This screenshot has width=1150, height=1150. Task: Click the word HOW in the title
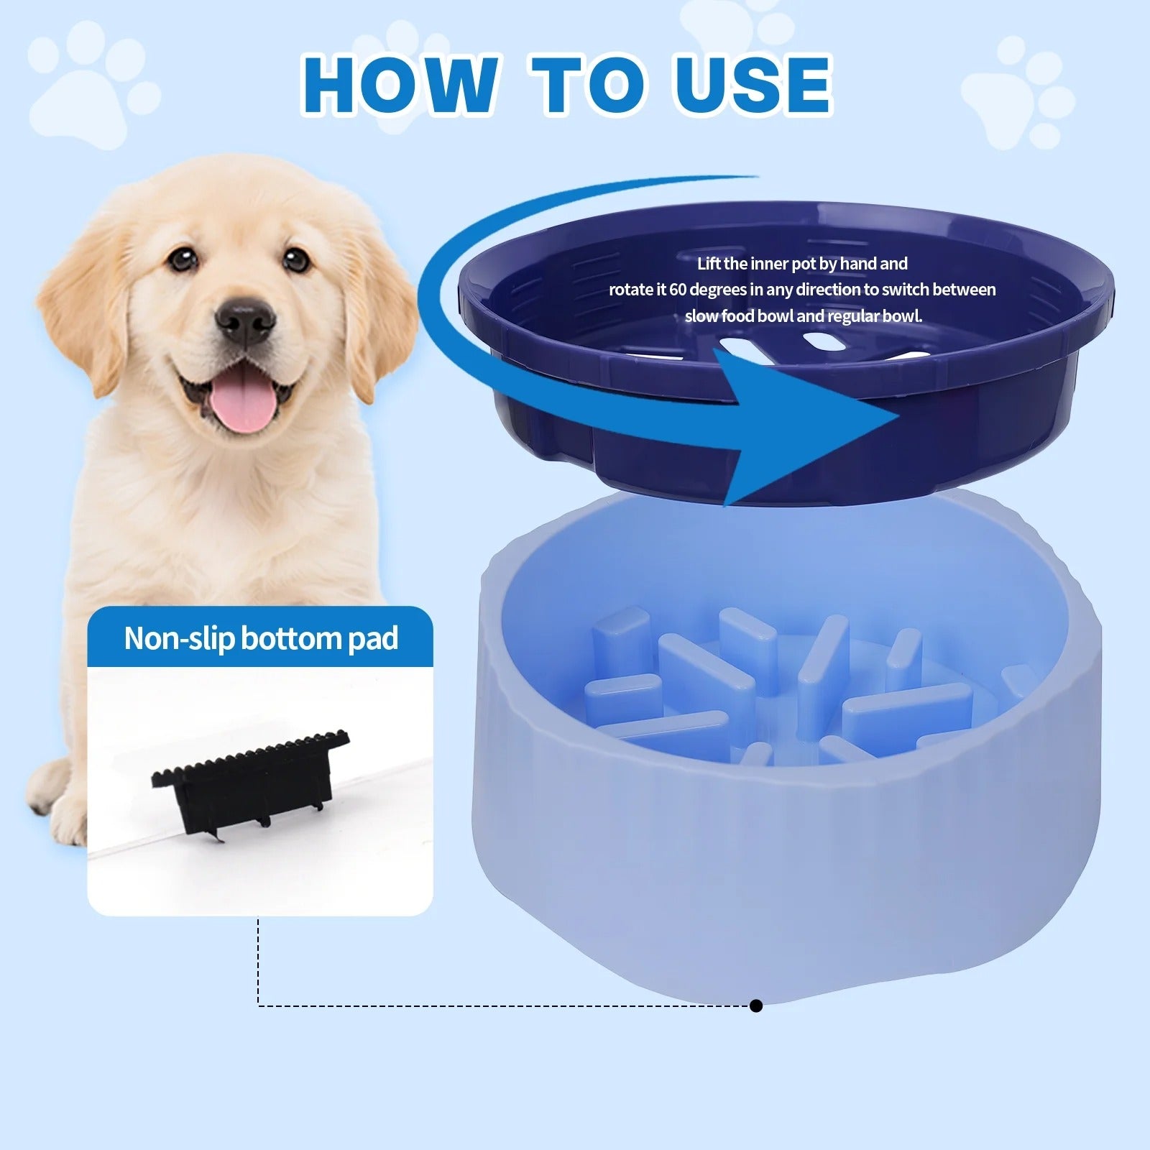[x=399, y=86]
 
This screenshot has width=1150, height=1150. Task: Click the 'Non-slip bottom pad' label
[x=260, y=638]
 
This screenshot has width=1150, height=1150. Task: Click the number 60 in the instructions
[x=678, y=290]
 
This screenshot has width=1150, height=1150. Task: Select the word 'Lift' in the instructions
[x=709, y=264]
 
